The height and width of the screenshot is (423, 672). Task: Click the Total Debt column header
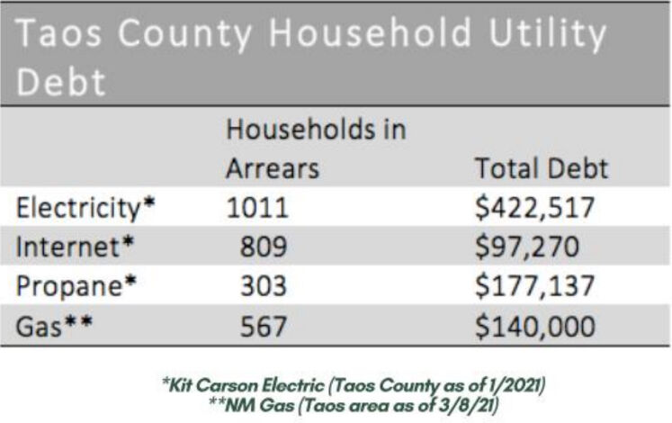click(541, 168)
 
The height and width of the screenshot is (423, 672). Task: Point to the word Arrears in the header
click(273, 168)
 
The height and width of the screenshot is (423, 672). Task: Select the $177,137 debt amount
click(535, 287)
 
